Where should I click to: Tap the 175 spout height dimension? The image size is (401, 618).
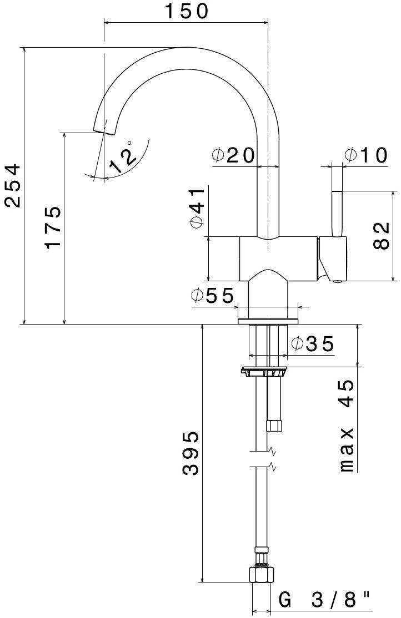(53, 227)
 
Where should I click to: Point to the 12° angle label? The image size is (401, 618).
(123, 156)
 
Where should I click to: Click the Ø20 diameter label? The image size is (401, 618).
(233, 156)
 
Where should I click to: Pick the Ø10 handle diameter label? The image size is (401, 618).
(365, 156)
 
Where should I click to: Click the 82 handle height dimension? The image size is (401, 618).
(381, 236)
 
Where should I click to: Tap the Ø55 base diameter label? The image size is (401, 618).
(213, 296)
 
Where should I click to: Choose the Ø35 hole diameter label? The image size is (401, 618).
(313, 345)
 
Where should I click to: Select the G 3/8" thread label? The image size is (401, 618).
(324, 600)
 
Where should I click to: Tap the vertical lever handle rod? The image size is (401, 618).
(337, 214)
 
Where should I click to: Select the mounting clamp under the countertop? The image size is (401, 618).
(264, 372)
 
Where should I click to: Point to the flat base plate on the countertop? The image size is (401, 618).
(268, 321)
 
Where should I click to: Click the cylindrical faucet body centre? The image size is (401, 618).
(278, 259)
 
